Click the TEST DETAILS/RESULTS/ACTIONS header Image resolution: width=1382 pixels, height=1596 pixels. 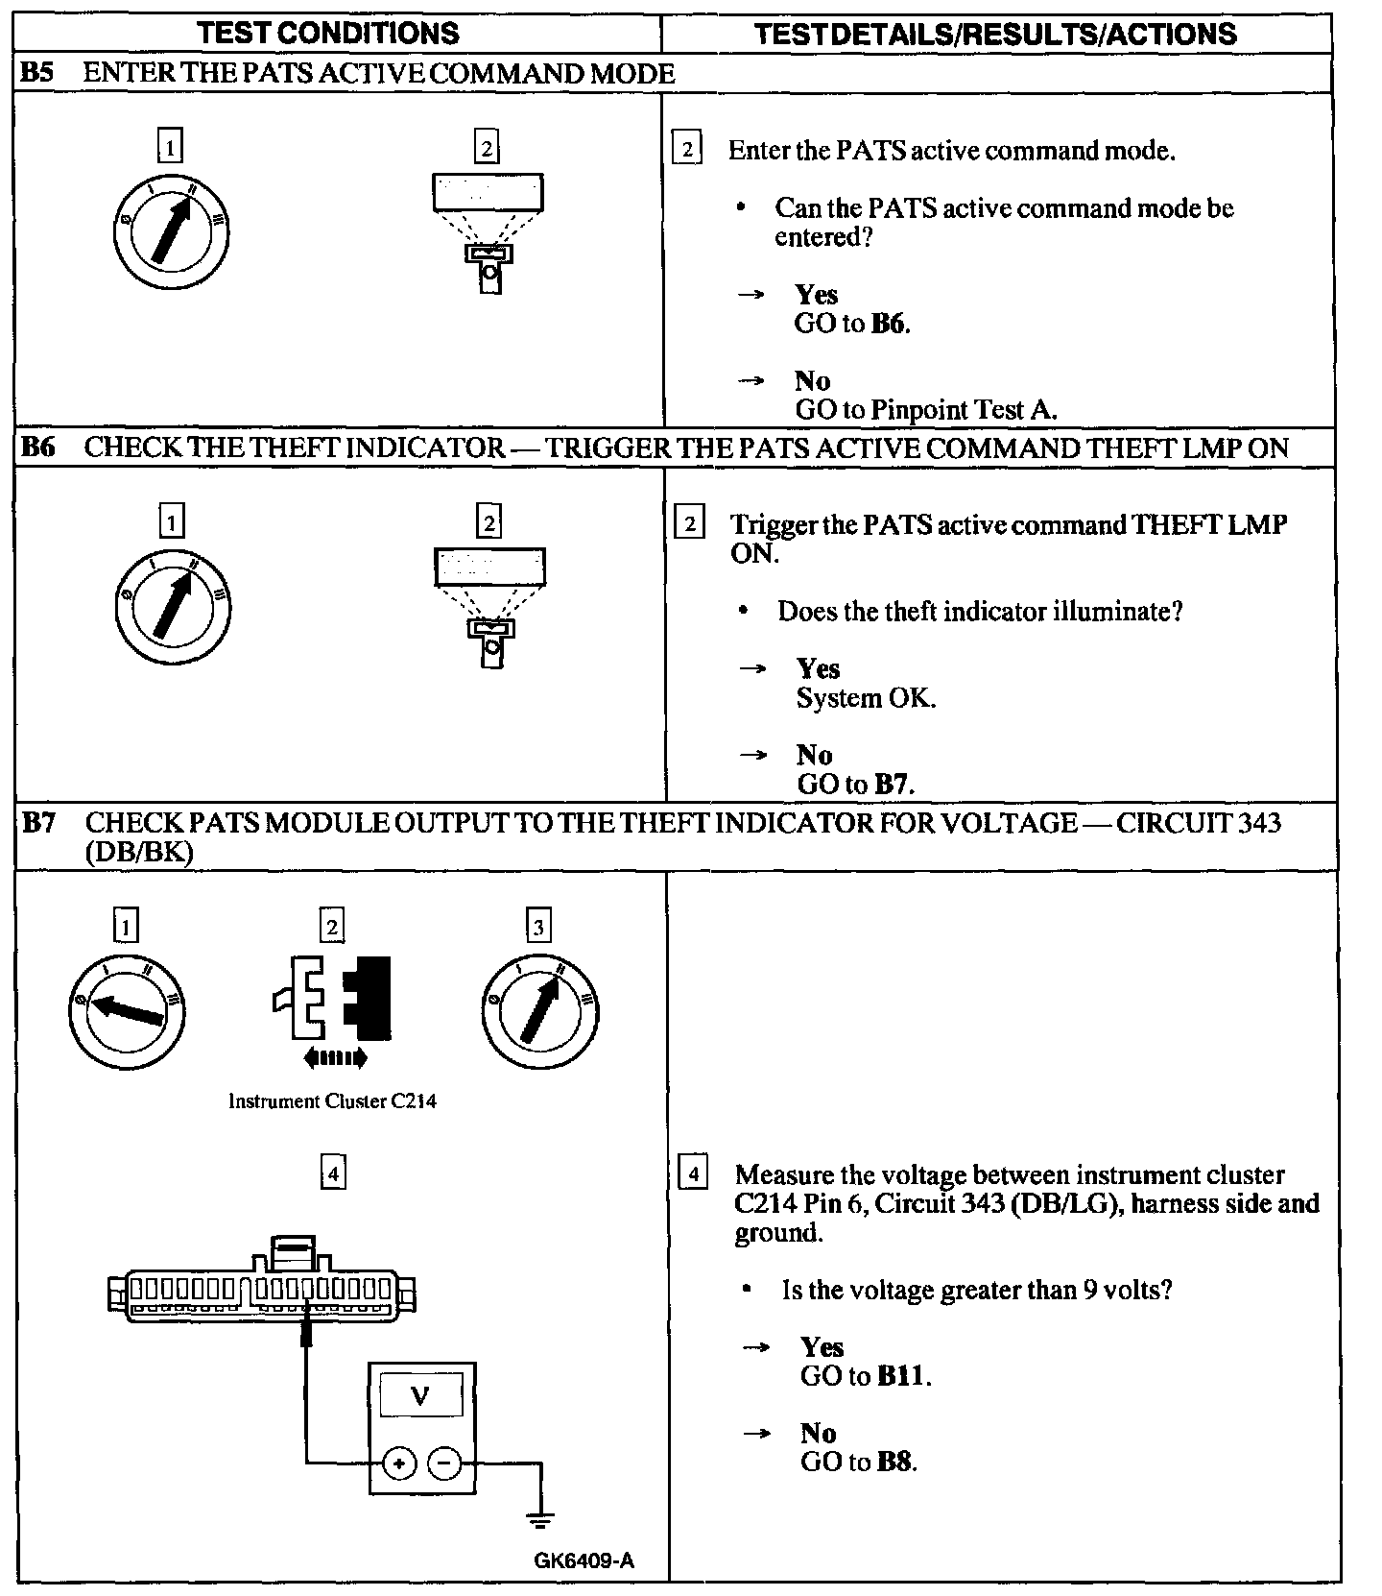pyautogui.click(x=995, y=35)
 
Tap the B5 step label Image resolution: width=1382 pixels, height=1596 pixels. pyautogui.click(x=37, y=74)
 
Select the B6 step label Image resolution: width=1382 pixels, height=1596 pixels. pyautogui.click(x=37, y=447)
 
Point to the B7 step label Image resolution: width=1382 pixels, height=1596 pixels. pyautogui.click(x=39, y=823)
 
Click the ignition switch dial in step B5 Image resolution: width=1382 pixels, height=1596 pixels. pyautogui.click(x=170, y=232)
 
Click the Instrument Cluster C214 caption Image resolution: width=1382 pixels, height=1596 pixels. pyautogui.click(x=332, y=1101)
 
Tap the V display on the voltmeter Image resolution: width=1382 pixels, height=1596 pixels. pyautogui.click(x=420, y=1395)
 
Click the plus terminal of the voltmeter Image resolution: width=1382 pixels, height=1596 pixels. pyautogui.click(x=398, y=1463)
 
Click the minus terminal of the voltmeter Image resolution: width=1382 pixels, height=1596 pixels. pyautogui.click(x=443, y=1463)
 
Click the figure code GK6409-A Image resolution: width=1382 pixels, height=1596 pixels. pyautogui.click(x=584, y=1560)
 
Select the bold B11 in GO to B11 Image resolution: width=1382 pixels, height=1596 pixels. pyautogui.click(x=901, y=1376)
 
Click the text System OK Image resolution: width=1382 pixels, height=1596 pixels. pyautogui.click(x=866, y=698)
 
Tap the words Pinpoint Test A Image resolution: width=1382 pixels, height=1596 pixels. pyautogui.click(x=964, y=410)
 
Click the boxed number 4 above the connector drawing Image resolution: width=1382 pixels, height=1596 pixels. pyautogui.click(x=332, y=1173)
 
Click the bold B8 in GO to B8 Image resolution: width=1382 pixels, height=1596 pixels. pyautogui.click(x=894, y=1463)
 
